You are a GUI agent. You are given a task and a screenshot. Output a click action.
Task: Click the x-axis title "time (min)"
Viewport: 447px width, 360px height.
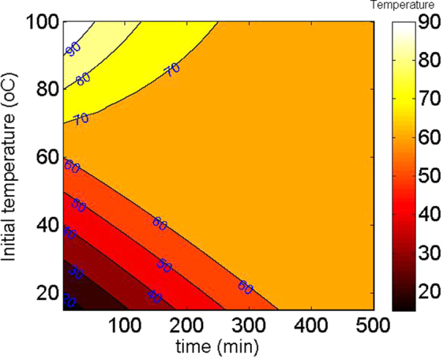[x=216, y=346]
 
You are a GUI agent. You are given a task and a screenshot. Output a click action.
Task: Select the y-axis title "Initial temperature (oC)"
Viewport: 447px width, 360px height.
[x=11, y=166]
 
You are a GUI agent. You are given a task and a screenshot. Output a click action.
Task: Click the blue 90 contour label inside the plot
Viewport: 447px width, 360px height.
[x=73, y=49]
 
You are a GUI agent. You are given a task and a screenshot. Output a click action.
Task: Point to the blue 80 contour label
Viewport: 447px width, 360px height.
[x=82, y=79]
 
